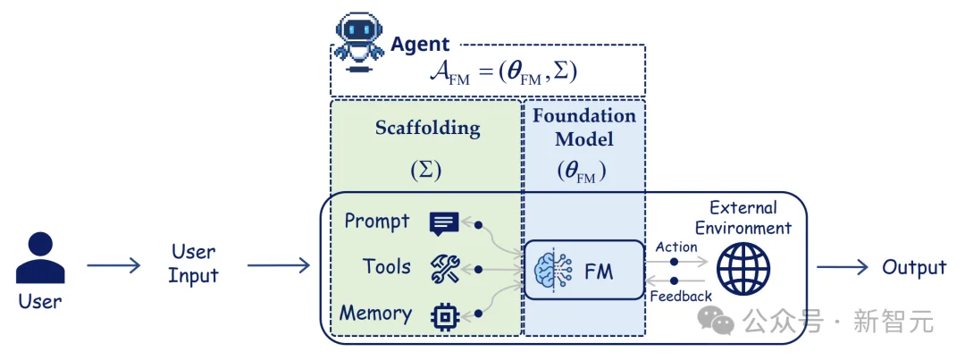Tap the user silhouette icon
40,258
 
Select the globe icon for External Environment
743,269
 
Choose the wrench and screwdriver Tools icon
444,269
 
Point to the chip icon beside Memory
444,315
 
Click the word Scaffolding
428,129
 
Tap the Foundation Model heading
584,128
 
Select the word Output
914,268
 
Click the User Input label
193,264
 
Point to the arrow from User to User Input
113,266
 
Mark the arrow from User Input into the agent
279,266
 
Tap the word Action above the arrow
676,247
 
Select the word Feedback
681,296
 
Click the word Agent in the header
420,45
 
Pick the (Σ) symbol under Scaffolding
426,172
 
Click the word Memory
375,314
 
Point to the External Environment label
743,218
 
